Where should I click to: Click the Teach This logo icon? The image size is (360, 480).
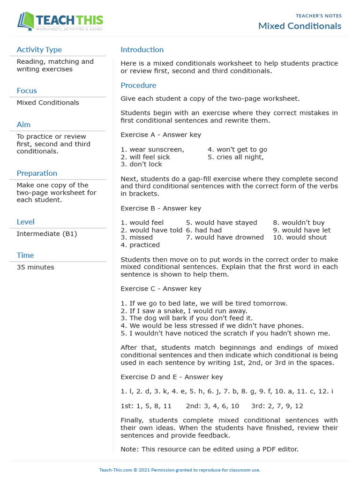[x=26, y=22]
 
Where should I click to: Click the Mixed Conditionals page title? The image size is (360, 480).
[x=300, y=26]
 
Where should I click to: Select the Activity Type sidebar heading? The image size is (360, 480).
[x=39, y=50]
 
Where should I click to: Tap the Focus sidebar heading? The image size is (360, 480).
[x=27, y=90]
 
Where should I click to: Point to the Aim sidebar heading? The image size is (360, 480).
[x=23, y=124]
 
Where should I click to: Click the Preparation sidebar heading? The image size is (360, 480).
[x=37, y=173]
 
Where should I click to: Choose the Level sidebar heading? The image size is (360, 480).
[x=25, y=222]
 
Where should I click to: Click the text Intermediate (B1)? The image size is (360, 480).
[x=47, y=233]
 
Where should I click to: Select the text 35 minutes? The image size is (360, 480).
[x=35, y=267]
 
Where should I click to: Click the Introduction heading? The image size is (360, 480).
[x=142, y=50]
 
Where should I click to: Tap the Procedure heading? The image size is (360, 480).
[x=138, y=85]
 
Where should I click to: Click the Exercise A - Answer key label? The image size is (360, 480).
[x=161, y=135]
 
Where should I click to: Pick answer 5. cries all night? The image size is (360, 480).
[x=236, y=157]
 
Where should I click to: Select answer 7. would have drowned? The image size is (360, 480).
[x=225, y=237]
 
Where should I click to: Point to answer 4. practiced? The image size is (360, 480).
[x=140, y=245]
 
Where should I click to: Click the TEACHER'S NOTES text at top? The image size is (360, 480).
[x=318, y=16]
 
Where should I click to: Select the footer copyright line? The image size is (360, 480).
[x=180, y=470]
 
